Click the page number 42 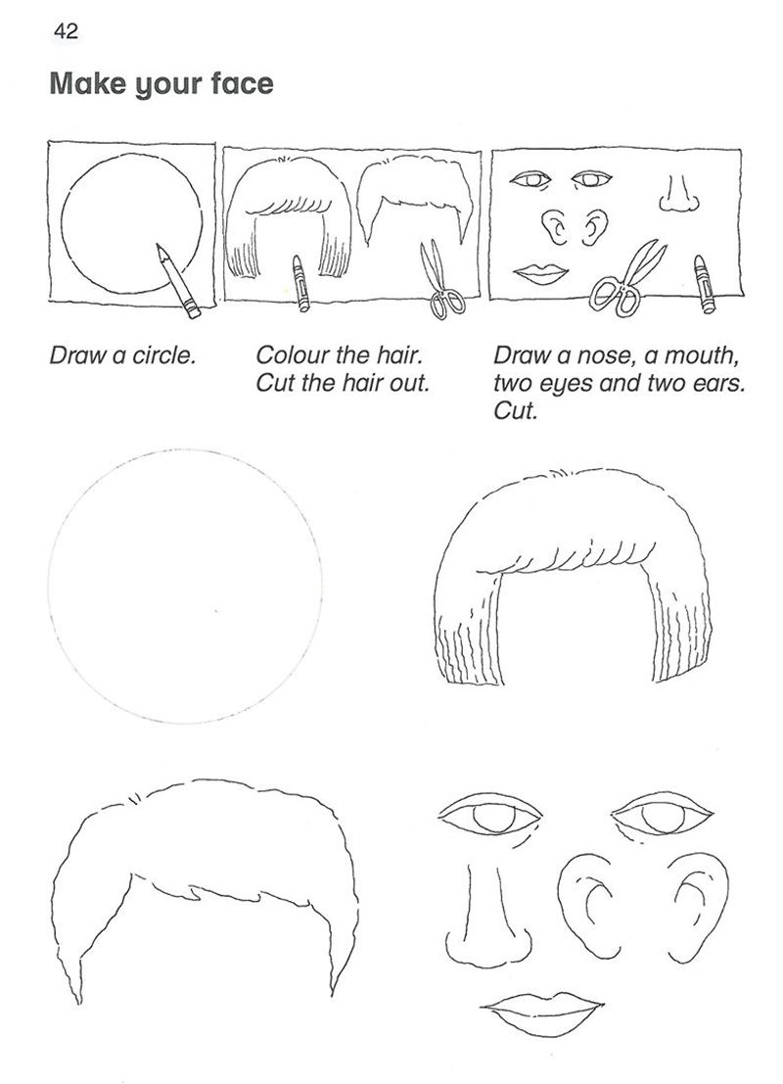(66, 31)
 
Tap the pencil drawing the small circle (178, 281)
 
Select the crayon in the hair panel (299, 283)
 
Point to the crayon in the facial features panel (703, 284)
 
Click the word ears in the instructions (719, 383)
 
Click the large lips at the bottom (542, 1014)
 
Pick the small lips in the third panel (542, 274)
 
